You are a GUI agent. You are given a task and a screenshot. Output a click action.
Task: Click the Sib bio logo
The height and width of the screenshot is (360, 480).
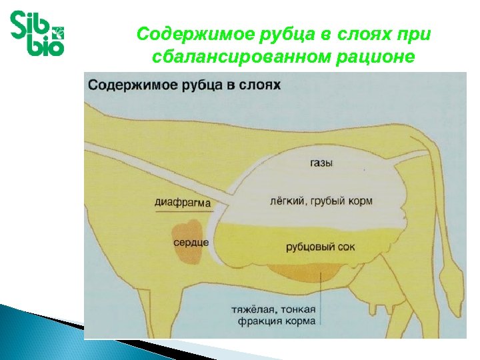(x=37, y=33)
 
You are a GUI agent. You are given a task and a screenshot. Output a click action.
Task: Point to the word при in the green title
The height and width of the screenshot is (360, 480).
(x=415, y=33)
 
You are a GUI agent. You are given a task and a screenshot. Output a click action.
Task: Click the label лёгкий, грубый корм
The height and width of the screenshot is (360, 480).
(x=321, y=201)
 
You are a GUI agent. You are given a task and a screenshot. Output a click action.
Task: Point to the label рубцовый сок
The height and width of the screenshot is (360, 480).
(x=320, y=247)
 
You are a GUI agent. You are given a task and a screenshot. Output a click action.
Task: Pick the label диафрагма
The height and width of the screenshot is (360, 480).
(x=183, y=202)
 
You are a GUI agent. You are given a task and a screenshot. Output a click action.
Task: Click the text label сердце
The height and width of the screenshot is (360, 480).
(x=191, y=243)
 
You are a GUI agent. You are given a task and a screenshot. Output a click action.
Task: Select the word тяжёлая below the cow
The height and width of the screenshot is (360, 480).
(x=253, y=310)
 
